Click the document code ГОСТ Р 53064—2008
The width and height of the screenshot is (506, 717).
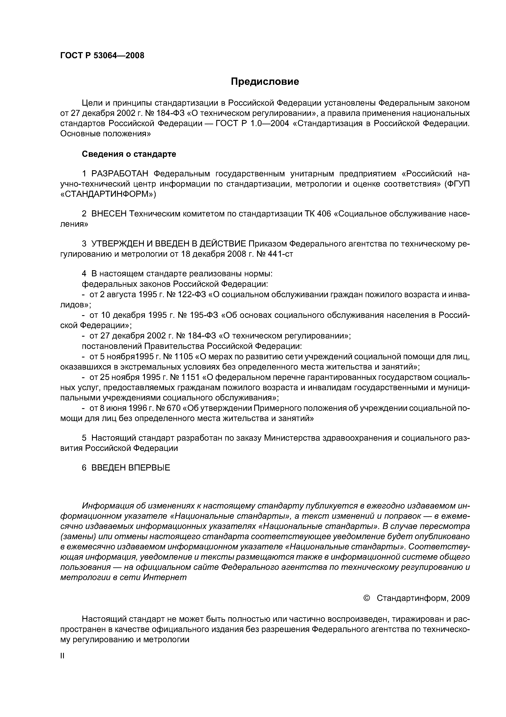(x=102, y=56)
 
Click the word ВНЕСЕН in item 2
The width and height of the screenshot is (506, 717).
(x=109, y=214)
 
